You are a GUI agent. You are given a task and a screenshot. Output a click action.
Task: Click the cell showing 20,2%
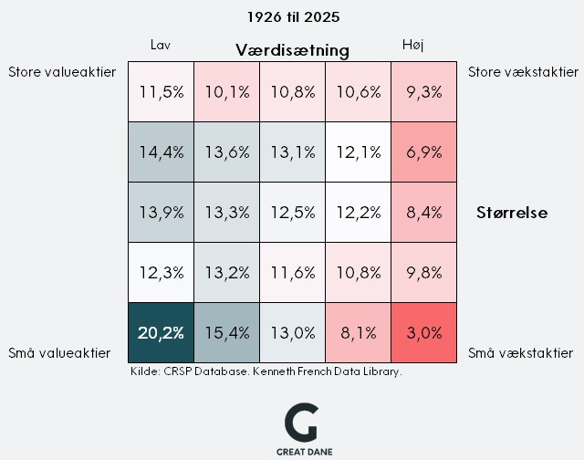[161, 332]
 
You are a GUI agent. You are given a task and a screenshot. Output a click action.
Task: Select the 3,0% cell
[423, 332]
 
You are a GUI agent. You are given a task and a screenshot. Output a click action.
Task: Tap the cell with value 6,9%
[423, 152]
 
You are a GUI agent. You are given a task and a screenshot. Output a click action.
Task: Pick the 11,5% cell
[161, 91]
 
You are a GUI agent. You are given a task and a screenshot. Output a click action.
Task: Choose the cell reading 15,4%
[226, 332]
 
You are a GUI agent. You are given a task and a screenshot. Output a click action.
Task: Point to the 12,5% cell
[292, 212]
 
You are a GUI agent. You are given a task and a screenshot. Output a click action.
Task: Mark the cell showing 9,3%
[423, 91]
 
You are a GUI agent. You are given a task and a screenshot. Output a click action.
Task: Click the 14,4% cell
[161, 152]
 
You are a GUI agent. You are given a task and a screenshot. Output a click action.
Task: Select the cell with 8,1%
[358, 332]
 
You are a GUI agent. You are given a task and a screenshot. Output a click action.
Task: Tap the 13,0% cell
[292, 332]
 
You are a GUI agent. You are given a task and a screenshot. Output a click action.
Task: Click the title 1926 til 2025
[292, 16]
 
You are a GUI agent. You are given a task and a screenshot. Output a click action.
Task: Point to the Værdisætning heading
[292, 49]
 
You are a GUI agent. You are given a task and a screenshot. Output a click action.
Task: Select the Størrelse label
[512, 213]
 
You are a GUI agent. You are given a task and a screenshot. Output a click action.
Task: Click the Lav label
[161, 45]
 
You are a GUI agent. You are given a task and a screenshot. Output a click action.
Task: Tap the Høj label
[413, 45]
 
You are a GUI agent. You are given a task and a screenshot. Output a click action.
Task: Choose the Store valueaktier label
[62, 72]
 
